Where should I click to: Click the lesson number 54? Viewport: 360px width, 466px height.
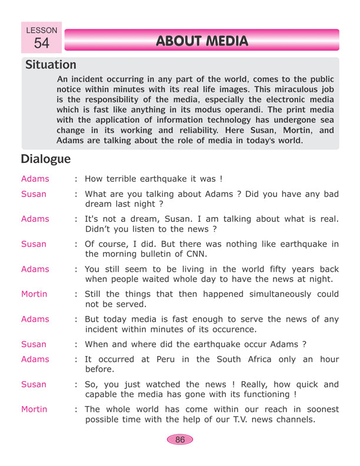tap(42, 43)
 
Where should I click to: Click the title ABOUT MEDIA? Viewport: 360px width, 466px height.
tap(202, 41)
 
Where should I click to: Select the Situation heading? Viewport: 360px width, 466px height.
tap(51, 65)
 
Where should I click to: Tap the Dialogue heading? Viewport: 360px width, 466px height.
tap(45, 159)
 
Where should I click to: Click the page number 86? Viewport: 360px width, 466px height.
tap(180, 439)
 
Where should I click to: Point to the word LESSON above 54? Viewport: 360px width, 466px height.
tap(42, 29)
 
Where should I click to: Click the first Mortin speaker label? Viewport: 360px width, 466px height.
tap(34, 294)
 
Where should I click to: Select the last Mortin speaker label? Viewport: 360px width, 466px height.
tap(34, 409)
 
